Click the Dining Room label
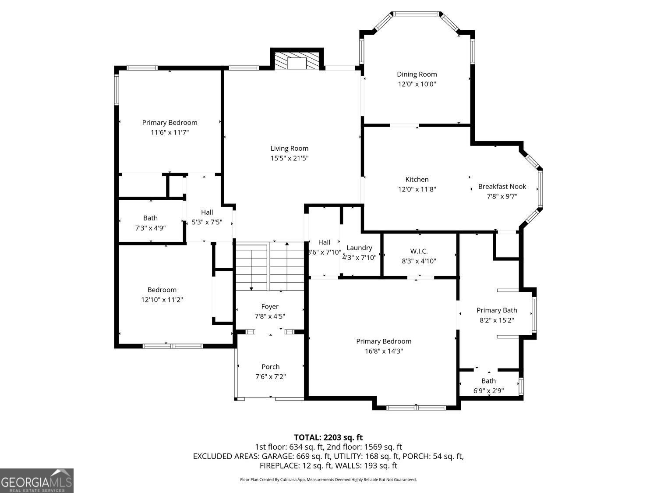(417, 74)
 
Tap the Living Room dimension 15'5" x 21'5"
(289, 158)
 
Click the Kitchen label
(417, 179)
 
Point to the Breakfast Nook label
(502, 186)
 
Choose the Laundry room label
(359, 248)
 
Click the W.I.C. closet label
(419, 251)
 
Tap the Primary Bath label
(497, 310)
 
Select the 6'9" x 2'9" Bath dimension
(488, 390)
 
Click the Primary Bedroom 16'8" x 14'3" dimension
(384, 351)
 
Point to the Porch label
(270, 367)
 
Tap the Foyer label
(269, 306)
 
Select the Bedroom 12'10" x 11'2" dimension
(162, 300)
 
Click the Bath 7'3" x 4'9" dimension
(150, 227)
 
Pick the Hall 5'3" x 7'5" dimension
(207, 222)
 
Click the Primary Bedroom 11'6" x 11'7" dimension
(170, 132)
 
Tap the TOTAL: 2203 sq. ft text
(328, 437)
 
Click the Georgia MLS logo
(36, 481)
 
